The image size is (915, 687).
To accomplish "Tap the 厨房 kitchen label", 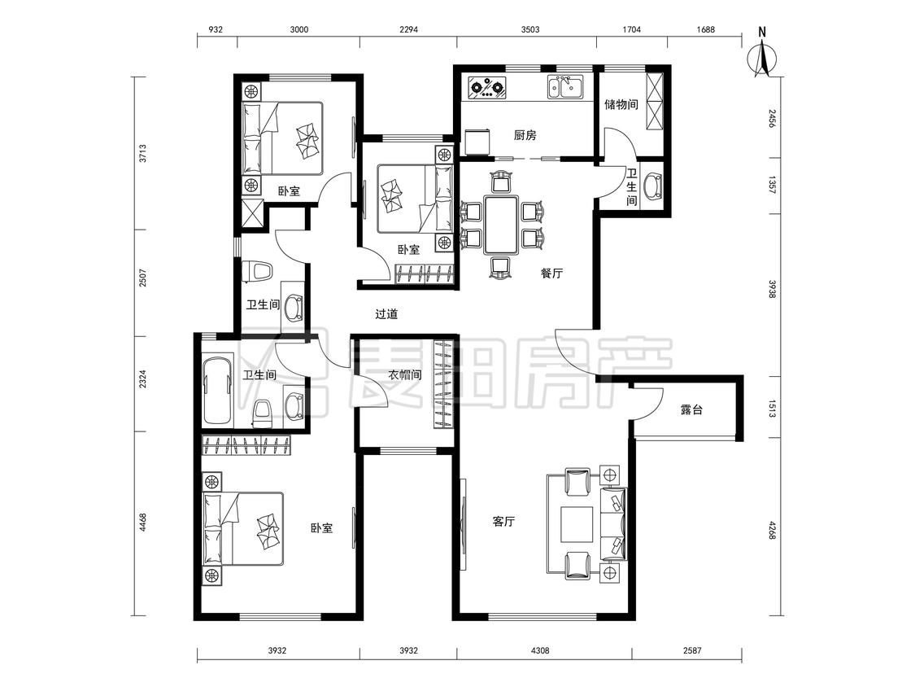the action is [x=525, y=135].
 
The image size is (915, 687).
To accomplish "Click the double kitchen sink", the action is [x=564, y=88].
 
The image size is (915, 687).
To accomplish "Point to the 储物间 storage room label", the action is [x=621, y=104].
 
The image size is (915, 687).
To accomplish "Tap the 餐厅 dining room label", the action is [x=551, y=273].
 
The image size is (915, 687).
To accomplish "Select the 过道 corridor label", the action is [x=386, y=313].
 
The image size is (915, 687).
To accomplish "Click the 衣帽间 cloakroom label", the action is [x=404, y=374].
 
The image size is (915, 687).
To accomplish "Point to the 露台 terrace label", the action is [x=691, y=409].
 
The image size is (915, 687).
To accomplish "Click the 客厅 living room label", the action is [x=503, y=521].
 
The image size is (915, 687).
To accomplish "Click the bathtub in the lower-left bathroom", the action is [x=218, y=388].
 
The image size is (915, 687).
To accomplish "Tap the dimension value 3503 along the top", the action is [x=529, y=30].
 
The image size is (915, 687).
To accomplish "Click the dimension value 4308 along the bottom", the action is [x=540, y=650].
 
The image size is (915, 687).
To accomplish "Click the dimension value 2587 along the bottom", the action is [x=691, y=650].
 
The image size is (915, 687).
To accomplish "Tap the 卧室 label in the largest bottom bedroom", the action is [x=321, y=528].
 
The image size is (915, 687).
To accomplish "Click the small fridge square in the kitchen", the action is [x=479, y=141].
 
